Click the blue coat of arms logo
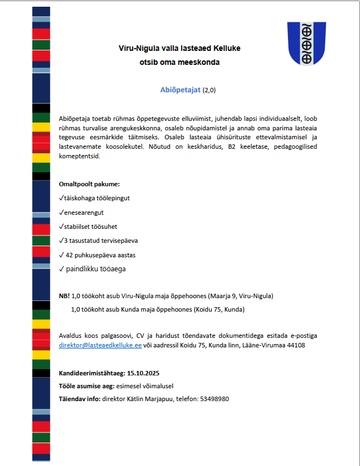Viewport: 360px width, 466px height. pos(306,43)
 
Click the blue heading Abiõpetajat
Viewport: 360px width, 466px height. pos(180,90)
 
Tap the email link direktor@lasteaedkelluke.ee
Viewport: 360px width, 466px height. pos(100,345)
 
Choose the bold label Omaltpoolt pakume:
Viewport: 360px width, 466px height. pos(89,183)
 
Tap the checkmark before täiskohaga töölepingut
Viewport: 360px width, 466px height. pos(61,198)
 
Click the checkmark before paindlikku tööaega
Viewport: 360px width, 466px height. pos(61,269)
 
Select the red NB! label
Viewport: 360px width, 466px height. pos(64,295)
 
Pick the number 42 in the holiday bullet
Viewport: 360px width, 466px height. pos(70,255)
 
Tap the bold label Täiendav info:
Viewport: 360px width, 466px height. pos(79,399)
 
